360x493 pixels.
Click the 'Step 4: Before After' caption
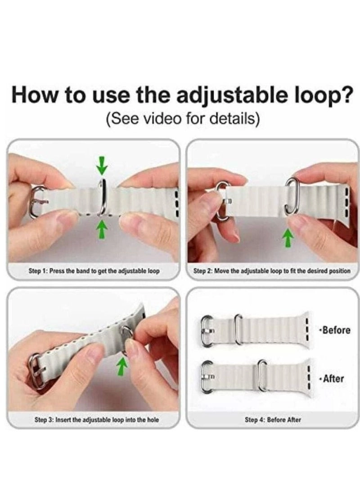273,419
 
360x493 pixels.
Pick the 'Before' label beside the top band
336,330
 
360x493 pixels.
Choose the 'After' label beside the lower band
333,378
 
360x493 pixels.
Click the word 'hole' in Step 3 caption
153,419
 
